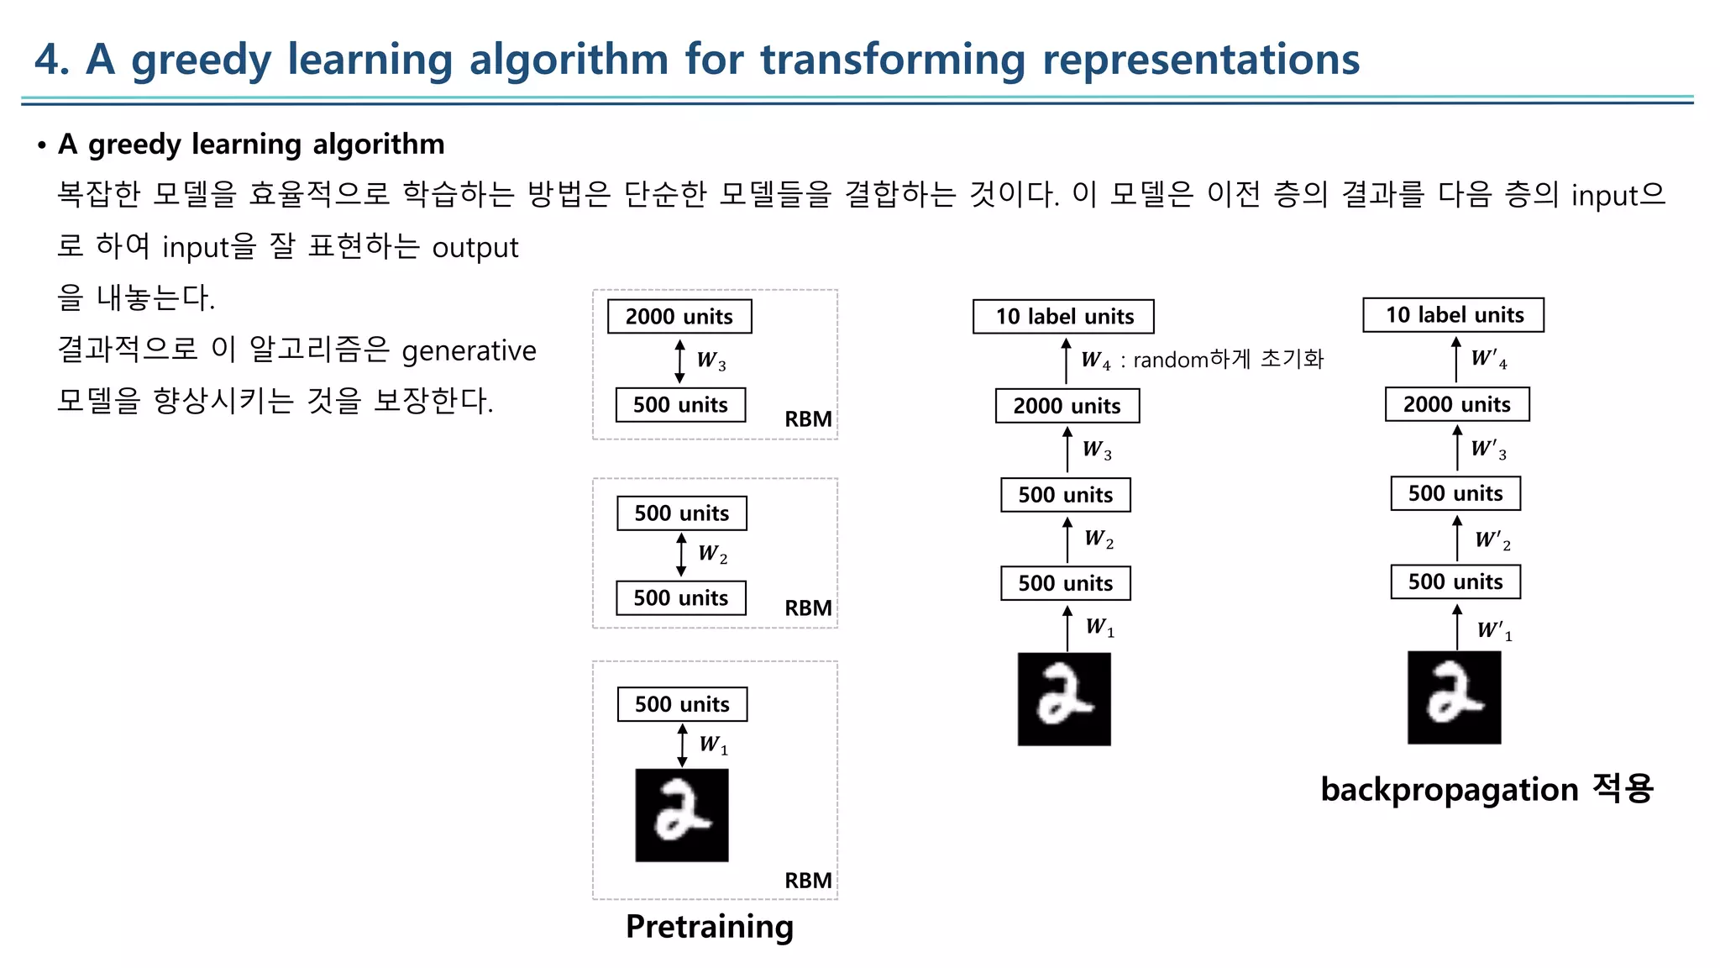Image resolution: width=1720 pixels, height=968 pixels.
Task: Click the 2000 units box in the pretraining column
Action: pyautogui.click(x=679, y=317)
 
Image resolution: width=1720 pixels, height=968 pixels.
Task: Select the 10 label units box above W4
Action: pyautogui.click(x=1063, y=317)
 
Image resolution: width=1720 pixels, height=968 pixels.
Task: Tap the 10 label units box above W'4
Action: pyautogui.click(x=1453, y=315)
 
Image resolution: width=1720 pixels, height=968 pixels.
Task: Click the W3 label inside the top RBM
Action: pyautogui.click(x=711, y=360)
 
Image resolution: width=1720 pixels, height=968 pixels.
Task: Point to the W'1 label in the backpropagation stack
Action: pyautogui.click(x=1494, y=630)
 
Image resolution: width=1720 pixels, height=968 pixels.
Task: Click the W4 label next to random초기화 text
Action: pyautogui.click(x=1095, y=360)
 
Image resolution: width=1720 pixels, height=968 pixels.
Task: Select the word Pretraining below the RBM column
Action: pyautogui.click(x=710, y=926)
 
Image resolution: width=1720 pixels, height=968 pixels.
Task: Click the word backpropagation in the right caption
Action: pyautogui.click(x=1450, y=790)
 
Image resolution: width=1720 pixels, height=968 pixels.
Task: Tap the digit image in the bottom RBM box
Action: pyautogui.click(x=681, y=815)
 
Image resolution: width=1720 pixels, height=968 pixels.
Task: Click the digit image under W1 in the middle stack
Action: pyautogui.click(x=1064, y=699)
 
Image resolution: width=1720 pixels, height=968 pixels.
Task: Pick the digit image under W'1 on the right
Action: pyautogui.click(x=1454, y=697)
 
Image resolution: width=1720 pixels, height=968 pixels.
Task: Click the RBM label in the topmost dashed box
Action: pyautogui.click(x=808, y=419)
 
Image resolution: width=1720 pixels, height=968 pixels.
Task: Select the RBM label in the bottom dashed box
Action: pyautogui.click(x=808, y=881)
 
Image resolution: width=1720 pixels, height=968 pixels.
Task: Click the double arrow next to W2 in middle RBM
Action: pyautogui.click(x=681, y=555)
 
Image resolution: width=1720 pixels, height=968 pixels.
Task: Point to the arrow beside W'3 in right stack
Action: pyautogui.click(x=1457, y=448)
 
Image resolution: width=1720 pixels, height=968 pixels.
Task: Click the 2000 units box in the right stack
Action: pyautogui.click(x=1456, y=404)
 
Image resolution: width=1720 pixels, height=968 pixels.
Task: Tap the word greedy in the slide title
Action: pyautogui.click(x=202, y=60)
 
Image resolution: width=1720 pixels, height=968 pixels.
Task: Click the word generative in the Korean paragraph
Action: pyautogui.click(x=469, y=350)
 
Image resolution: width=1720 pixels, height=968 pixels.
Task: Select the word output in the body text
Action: pyautogui.click(x=475, y=248)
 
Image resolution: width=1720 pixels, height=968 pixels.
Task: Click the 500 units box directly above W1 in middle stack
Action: pyautogui.click(x=1065, y=583)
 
